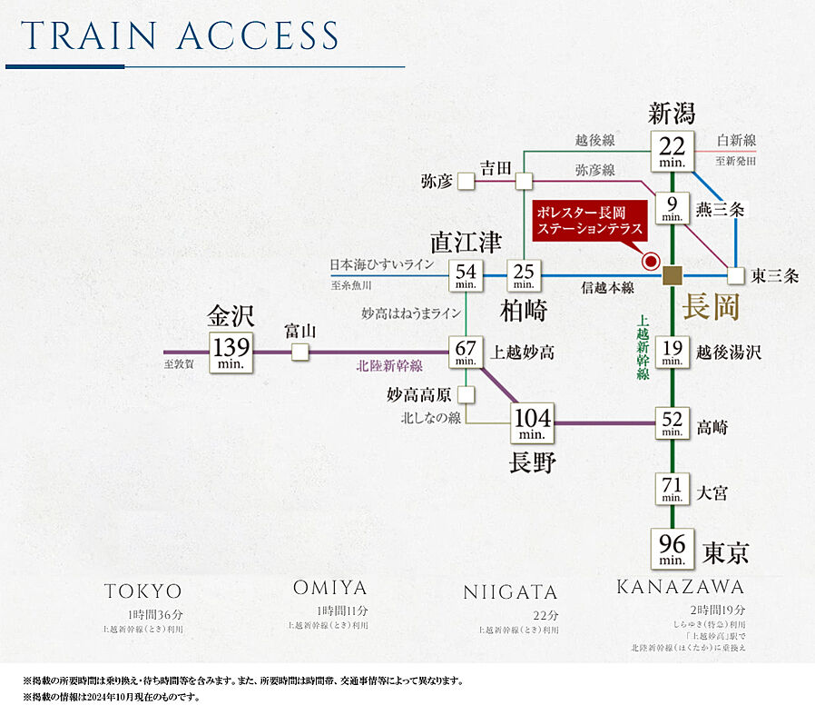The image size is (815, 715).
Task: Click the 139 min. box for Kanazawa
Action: [231, 351]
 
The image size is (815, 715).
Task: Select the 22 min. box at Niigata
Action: [673, 151]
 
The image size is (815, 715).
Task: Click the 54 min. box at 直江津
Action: [466, 275]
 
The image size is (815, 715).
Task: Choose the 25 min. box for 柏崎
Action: [524, 275]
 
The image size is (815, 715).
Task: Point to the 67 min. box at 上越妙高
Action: [466, 351]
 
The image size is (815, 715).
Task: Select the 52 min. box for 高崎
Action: [673, 423]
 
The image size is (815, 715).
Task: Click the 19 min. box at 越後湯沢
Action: [673, 351]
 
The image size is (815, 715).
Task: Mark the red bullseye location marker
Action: [650, 262]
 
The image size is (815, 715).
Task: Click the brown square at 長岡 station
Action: [673, 275]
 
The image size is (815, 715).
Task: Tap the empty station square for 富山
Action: [299, 352]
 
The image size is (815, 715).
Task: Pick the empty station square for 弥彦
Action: [466, 181]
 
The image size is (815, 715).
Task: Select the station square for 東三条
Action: [735, 275]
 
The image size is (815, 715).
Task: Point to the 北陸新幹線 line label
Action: [389, 366]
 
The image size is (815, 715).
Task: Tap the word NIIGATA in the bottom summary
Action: [510, 592]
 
